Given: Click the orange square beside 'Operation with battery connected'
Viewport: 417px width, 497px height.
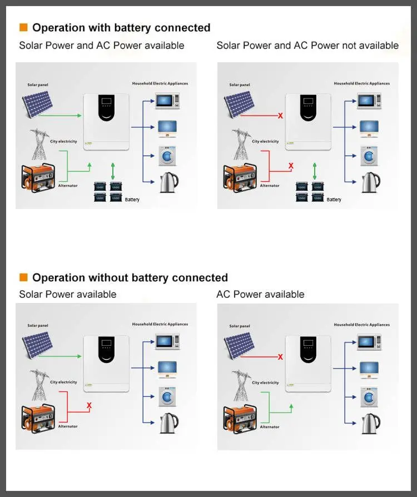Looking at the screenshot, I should coord(23,27).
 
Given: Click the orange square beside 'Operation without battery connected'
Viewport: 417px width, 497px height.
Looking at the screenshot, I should coord(23,277).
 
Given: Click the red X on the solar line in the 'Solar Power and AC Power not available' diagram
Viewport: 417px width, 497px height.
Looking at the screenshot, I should coord(280,116).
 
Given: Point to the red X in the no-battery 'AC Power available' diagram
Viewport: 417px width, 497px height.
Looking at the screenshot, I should coord(280,357).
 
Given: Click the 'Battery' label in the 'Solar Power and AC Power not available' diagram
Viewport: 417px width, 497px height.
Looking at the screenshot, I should coord(334,200).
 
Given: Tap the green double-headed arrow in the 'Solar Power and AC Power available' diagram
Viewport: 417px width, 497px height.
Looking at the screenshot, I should coord(113,170).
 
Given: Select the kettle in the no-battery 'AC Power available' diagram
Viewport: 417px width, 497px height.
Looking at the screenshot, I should coord(370,423).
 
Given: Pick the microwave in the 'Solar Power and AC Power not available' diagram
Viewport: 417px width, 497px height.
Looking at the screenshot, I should coord(369,101).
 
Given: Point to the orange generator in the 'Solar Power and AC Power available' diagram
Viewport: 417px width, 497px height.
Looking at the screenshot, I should coord(37,177).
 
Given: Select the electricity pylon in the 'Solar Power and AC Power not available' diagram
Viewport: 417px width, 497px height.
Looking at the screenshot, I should coord(241,144).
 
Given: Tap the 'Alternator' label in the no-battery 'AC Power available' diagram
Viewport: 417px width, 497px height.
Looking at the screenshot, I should coord(270,427).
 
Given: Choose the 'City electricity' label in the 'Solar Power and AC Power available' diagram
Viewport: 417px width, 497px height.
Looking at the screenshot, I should coord(63,142).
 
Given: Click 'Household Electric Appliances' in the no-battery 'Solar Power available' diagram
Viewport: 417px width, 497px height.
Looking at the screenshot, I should coord(160,324).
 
